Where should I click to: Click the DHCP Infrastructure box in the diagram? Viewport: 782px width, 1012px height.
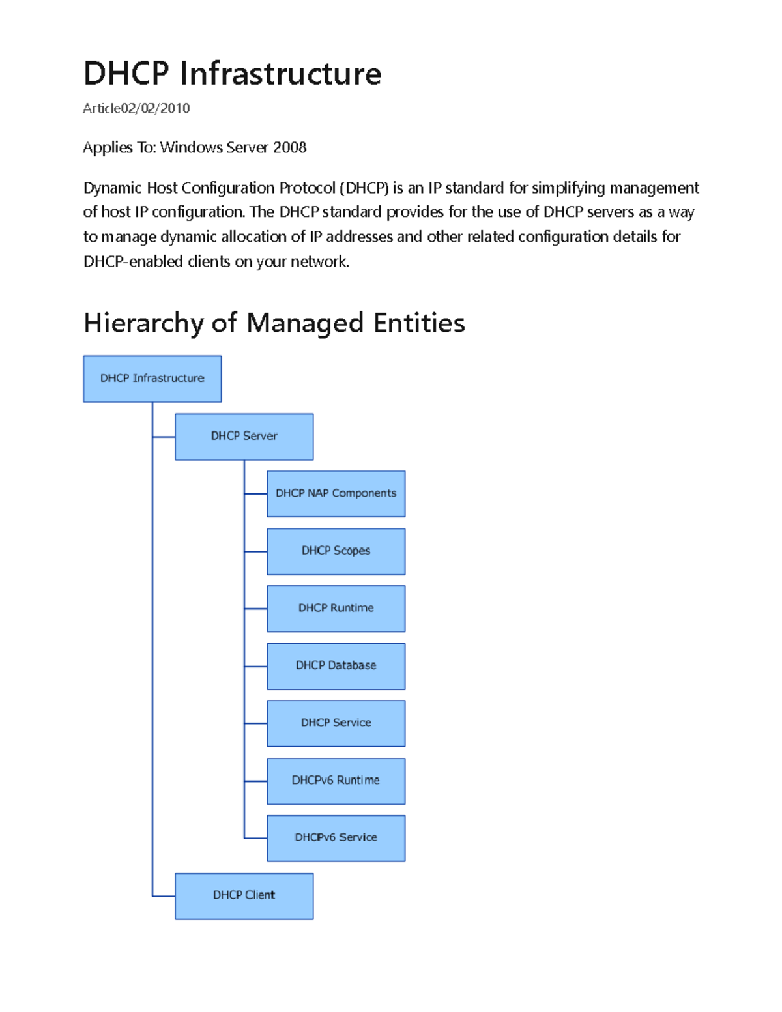click(152, 379)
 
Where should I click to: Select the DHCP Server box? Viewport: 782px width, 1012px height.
click(244, 437)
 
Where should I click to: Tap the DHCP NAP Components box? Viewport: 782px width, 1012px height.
click(336, 494)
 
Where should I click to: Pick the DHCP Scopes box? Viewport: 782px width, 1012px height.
click(336, 551)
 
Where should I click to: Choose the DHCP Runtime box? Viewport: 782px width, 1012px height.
click(336, 609)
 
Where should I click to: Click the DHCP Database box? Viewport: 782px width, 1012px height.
click(336, 666)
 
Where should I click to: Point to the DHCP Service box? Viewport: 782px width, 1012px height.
click(336, 723)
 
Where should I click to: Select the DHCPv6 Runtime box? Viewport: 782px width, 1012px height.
click(336, 781)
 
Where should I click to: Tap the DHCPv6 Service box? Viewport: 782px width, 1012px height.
click(336, 838)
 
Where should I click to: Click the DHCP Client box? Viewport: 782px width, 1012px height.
click(244, 896)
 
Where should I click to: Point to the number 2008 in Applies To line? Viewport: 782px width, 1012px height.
click(290, 148)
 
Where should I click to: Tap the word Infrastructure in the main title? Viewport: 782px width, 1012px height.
click(280, 74)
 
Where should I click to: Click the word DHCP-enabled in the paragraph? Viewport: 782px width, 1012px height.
click(133, 262)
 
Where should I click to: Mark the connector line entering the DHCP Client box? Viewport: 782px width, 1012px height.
click(164, 896)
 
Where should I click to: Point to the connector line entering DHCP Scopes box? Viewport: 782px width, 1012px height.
click(255, 551)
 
